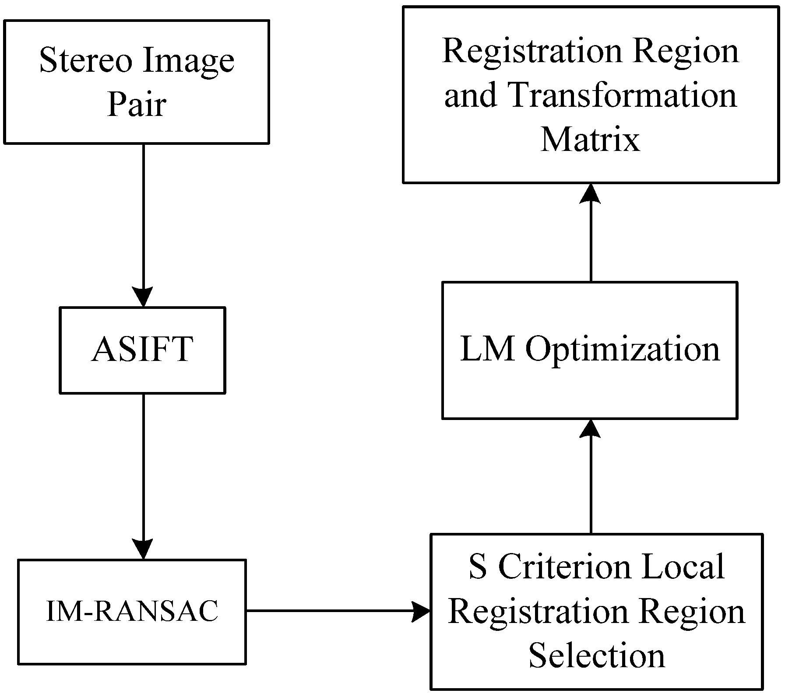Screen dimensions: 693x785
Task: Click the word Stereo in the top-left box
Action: [85, 60]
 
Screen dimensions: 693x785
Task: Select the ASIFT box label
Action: [142, 350]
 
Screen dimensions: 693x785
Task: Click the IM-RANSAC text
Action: [132, 611]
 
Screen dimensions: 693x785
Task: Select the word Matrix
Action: [590, 140]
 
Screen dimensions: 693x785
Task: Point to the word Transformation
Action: [622, 95]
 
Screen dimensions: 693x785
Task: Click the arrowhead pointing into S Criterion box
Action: [421, 611]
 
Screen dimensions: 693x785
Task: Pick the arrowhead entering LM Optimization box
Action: [590, 429]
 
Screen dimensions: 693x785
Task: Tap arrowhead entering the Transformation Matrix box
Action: [590, 193]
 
